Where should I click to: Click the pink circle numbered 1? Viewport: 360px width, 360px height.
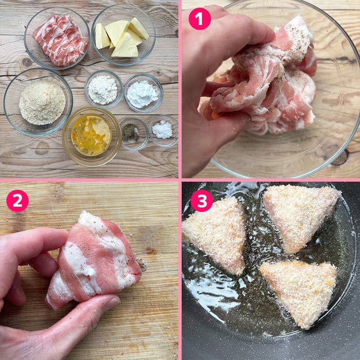coord(200,19)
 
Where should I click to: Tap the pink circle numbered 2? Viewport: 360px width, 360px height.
coord(17,201)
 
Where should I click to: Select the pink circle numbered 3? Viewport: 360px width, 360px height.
coord(202,201)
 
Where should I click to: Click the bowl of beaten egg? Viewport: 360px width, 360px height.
coord(92,136)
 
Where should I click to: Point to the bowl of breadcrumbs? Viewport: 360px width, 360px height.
coord(38,102)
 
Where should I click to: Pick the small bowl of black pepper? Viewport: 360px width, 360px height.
coord(134,134)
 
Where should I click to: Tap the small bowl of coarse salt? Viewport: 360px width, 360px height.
coord(164,131)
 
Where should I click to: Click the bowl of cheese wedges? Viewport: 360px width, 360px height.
coord(123,34)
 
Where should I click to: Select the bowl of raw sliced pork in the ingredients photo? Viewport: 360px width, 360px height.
coord(57,38)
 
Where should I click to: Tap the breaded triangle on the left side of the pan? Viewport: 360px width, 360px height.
coord(214,237)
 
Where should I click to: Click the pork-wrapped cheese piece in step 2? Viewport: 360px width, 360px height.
coord(94,259)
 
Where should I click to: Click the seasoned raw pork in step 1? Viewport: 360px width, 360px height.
coord(264,78)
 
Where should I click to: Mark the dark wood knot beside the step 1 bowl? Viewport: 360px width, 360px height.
coord(340,157)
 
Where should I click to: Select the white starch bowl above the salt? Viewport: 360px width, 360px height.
coord(143,94)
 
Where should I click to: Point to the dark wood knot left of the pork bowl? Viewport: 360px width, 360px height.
coord(27,62)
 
